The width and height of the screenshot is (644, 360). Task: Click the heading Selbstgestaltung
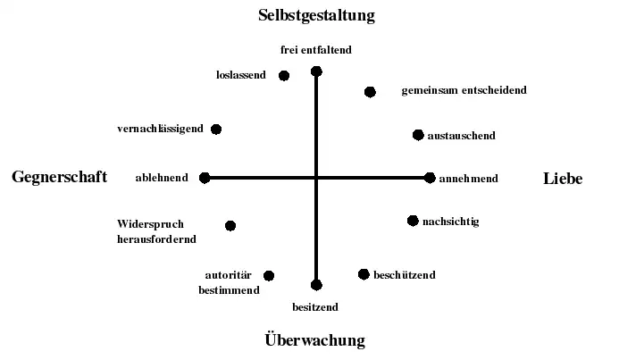tap(316, 15)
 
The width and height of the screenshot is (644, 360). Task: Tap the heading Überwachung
tap(315, 339)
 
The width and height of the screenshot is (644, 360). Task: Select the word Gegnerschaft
tap(59, 177)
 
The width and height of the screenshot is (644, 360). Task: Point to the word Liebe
tap(563, 179)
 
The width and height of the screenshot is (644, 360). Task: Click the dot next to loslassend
tap(284, 76)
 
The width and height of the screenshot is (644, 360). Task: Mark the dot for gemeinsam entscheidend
tap(370, 92)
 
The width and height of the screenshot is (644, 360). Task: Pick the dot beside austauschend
tap(417, 135)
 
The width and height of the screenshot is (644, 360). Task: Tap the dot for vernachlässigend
tap(215, 130)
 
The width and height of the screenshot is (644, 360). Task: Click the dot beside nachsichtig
tap(413, 221)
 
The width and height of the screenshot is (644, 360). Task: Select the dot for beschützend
tap(364, 274)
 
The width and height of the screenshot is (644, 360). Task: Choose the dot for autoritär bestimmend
tap(269, 276)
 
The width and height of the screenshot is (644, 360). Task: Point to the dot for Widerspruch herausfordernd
tap(230, 226)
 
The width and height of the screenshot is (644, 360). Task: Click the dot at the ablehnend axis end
tap(205, 178)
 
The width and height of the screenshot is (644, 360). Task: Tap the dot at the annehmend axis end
tap(430, 178)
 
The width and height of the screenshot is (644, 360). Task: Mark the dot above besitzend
tap(316, 285)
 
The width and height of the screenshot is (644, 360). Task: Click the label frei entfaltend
tap(316, 50)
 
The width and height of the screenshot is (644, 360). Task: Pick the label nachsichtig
tap(450, 222)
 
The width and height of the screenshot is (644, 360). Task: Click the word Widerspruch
tap(150, 224)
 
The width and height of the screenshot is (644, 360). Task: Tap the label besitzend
tap(315, 307)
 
